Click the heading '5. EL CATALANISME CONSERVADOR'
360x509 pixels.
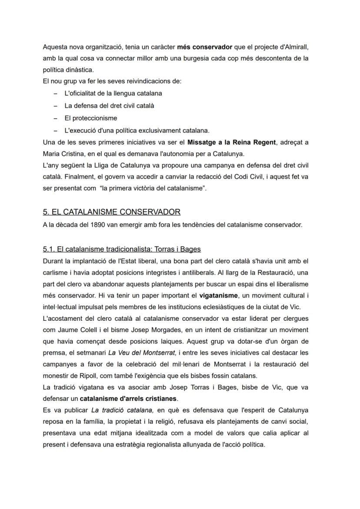(111, 212)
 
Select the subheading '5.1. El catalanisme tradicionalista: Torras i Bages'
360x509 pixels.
(122, 249)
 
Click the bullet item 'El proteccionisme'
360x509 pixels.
(90, 118)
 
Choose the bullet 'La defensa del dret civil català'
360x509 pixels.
(109, 106)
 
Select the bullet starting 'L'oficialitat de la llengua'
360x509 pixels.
(113, 93)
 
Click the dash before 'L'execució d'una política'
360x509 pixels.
(55, 130)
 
